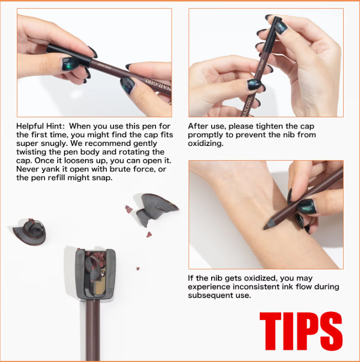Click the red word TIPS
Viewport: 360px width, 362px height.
click(301, 331)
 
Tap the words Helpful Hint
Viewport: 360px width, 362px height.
click(39, 126)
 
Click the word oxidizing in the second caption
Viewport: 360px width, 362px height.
click(206, 143)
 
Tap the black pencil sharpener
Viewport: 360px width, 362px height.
click(95, 274)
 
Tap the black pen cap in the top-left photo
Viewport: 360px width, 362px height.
click(69, 55)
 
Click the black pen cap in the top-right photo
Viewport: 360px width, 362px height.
click(272, 35)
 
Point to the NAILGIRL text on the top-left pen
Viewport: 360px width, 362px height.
click(158, 85)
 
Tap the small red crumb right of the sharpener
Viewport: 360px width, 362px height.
click(138, 268)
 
